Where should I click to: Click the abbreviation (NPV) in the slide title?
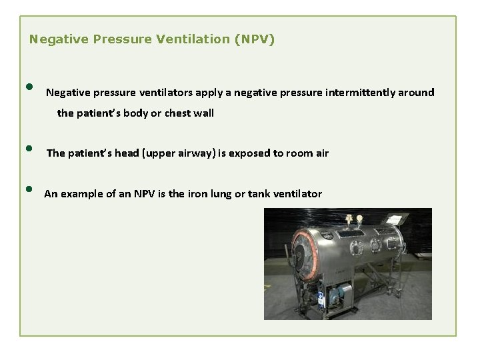(x=253, y=39)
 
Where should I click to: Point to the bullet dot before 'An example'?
(x=30, y=189)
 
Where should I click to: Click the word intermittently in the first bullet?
(x=361, y=93)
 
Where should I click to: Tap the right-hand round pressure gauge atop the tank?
(x=360, y=219)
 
